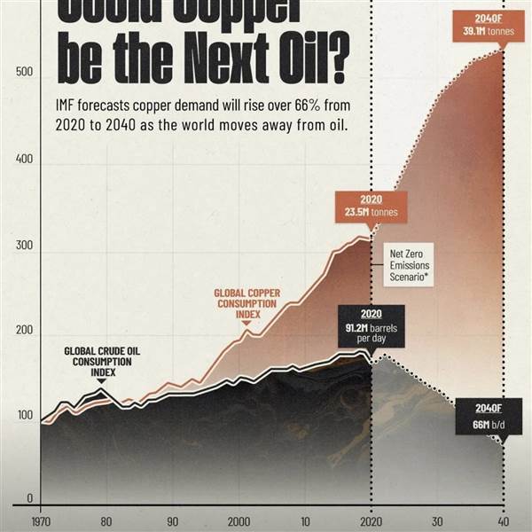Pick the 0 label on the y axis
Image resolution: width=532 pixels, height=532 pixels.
29,498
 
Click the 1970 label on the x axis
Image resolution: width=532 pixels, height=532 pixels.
41,521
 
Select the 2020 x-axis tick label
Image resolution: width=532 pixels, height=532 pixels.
372,521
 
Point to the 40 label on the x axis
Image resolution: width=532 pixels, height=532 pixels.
504,521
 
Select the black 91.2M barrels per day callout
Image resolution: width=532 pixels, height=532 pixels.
372,325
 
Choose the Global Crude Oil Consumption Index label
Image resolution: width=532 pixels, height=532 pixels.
101,361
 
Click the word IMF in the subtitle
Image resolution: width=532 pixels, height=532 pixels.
68,105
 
